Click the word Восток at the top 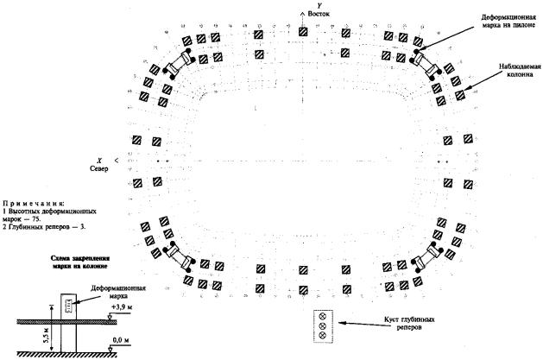(319, 14)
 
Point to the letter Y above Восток (319, 6)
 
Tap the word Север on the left (98, 168)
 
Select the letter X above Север (99, 161)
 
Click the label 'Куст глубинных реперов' (409, 323)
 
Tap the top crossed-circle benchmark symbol (323, 316)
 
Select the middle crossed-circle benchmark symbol (323, 325)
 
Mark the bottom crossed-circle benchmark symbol (323, 334)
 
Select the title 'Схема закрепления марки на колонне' (80, 262)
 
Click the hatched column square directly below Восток (303, 32)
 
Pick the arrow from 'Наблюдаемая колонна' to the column (479, 85)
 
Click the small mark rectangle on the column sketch (70, 307)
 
